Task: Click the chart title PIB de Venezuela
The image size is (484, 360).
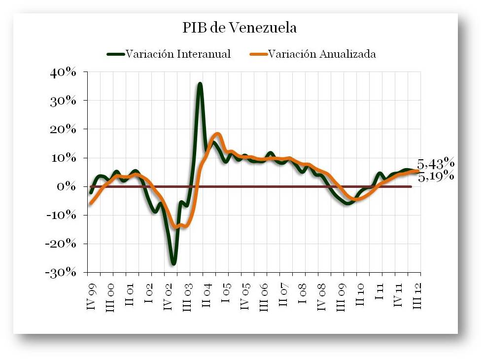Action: pos(240,28)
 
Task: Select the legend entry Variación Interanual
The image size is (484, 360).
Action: pos(178,54)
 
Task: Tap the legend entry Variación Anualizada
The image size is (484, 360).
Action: pos(322,54)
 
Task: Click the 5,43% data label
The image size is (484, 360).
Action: pos(436,164)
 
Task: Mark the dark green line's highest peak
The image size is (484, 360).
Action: pos(200,84)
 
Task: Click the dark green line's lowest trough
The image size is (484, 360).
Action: pos(173,263)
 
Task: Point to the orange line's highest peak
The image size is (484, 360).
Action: pos(217,134)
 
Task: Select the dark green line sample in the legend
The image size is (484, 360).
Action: pos(116,54)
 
